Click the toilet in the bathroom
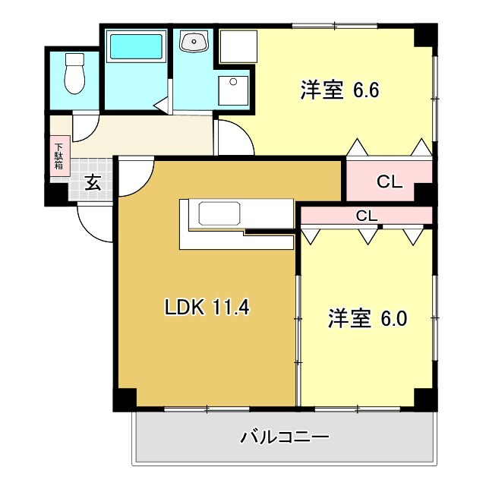pos(74,74)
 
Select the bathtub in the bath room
pos(136,48)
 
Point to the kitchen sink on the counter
pos(219,214)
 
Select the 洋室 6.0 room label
pos(368,318)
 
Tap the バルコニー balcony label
pos(285,437)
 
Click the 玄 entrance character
pos(92,182)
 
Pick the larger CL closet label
pos(389,182)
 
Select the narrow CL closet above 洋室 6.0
pos(367,216)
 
